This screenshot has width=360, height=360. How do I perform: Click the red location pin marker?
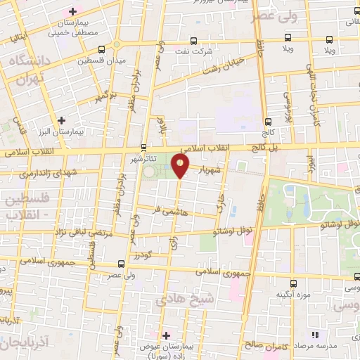(x=181, y=166)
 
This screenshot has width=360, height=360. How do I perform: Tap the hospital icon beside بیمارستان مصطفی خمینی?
(x=72, y=12)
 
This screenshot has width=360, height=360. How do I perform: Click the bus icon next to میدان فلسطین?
(x=103, y=49)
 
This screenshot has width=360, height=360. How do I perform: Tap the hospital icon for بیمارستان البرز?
(x=62, y=120)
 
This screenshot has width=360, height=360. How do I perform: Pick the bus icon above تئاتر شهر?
(x=143, y=147)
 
